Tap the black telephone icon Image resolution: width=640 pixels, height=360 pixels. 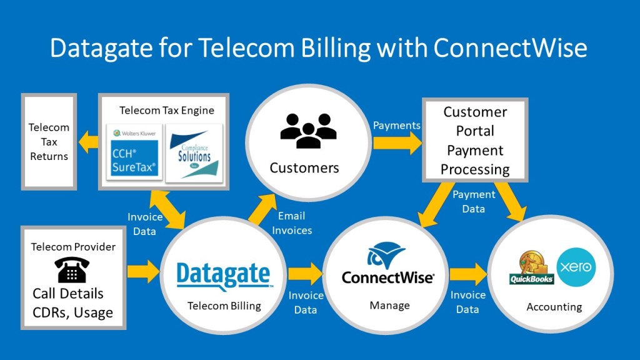tap(72, 270)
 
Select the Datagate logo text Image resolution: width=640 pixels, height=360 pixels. tap(223, 276)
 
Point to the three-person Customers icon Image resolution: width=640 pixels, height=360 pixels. tap(308, 131)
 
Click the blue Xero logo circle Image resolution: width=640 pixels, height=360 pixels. tap(576, 267)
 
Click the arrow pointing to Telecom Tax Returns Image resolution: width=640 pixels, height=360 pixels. tap(88, 142)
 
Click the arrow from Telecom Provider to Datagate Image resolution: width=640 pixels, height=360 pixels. tap(143, 272)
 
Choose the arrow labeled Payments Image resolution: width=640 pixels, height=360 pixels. tap(397, 143)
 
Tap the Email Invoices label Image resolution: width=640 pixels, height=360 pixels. tap(292, 223)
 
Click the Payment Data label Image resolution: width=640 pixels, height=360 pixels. tap(474, 201)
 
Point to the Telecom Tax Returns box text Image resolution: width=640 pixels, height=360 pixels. tap(49, 142)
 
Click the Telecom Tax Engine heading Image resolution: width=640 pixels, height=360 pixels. tap(167, 111)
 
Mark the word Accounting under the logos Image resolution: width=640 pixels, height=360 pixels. tap(554, 307)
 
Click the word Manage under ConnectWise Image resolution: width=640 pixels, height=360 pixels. tap(389, 306)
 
